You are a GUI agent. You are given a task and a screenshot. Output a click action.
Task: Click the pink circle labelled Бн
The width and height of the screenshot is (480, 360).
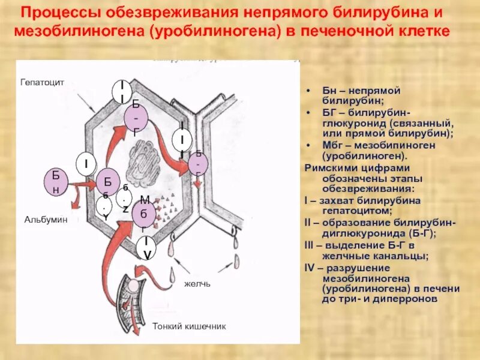(x=56, y=182)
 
